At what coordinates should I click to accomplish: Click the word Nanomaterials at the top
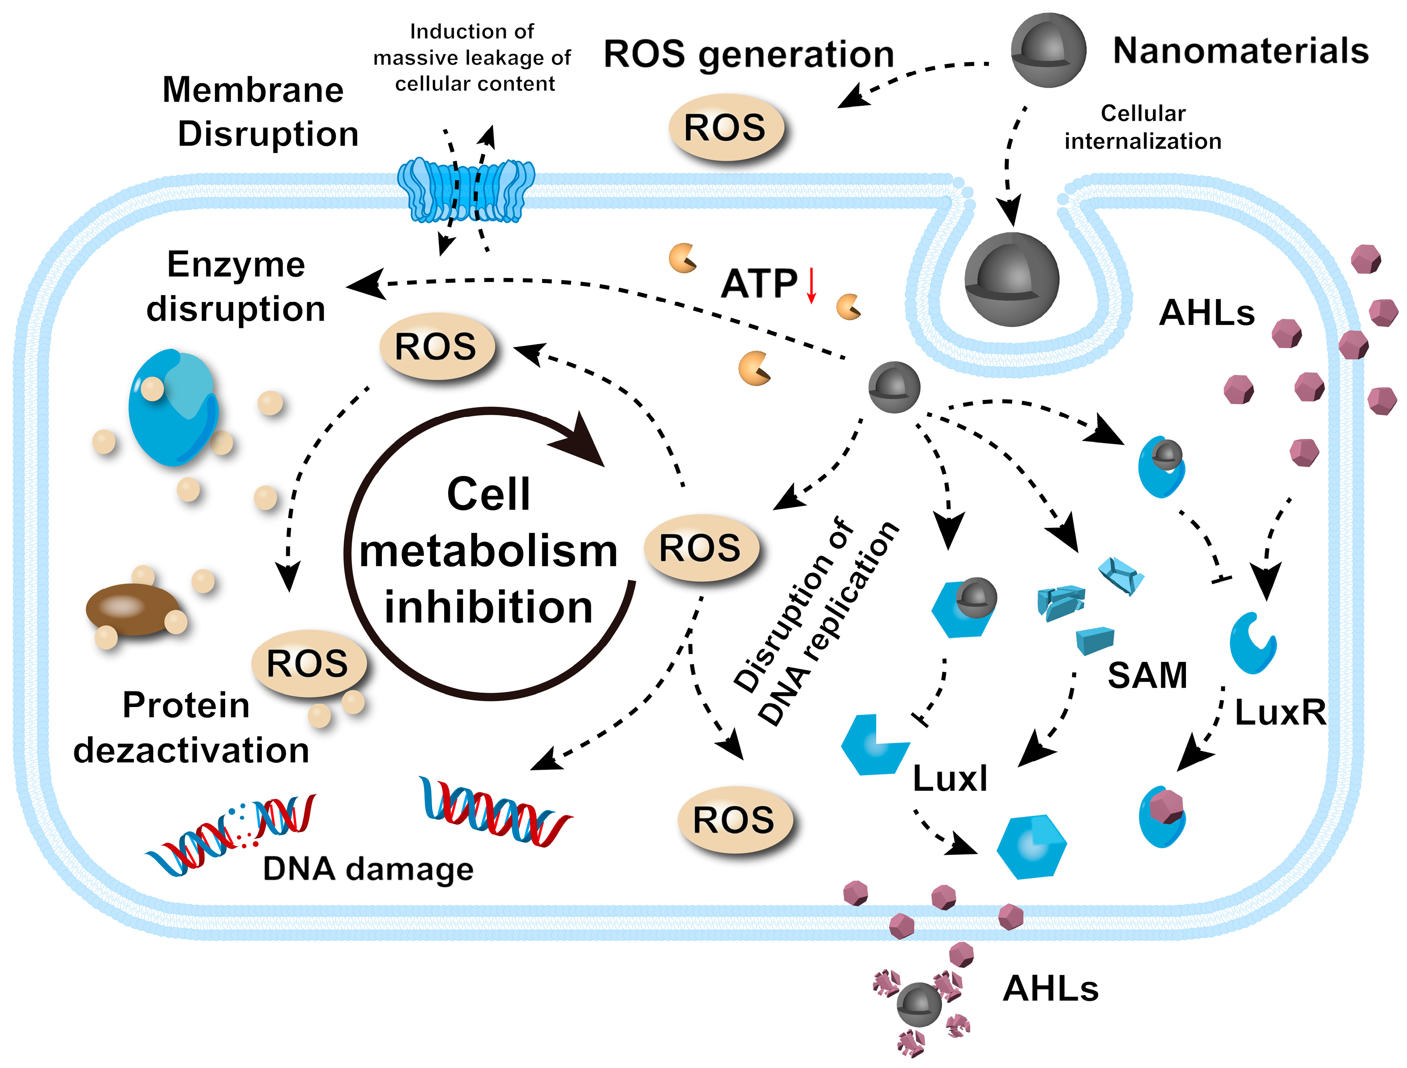1240,51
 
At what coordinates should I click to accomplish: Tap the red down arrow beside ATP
811,286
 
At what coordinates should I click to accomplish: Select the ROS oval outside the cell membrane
725,127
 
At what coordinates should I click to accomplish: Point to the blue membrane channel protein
466,190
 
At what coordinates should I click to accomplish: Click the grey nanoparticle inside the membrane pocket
1011,280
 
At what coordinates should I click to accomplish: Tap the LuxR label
1280,712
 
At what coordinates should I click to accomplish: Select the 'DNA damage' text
368,869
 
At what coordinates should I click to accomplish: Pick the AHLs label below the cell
1051,989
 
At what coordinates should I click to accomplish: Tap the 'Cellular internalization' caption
1143,127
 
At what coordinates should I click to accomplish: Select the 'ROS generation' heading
749,54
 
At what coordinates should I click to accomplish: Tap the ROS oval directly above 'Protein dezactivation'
308,664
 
